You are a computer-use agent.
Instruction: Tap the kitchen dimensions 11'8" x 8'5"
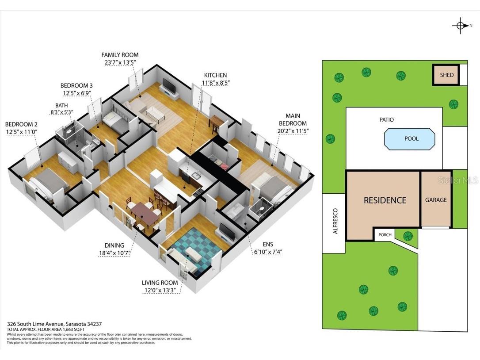[x=216, y=83]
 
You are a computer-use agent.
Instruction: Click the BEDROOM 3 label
[x=76, y=85]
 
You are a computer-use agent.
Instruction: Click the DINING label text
[x=114, y=245]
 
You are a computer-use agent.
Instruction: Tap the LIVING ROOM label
[x=160, y=283]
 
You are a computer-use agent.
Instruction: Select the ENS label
[x=268, y=244]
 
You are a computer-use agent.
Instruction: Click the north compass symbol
[x=460, y=26]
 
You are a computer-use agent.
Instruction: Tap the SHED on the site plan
[x=446, y=75]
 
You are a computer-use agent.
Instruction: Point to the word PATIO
[x=386, y=120]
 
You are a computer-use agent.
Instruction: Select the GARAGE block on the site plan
[x=436, y=200]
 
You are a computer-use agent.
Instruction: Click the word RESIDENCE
[x=385, y=200]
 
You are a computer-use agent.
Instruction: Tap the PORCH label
[x=385, y=235]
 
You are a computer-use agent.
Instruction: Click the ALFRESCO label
[x=335, y=221]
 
